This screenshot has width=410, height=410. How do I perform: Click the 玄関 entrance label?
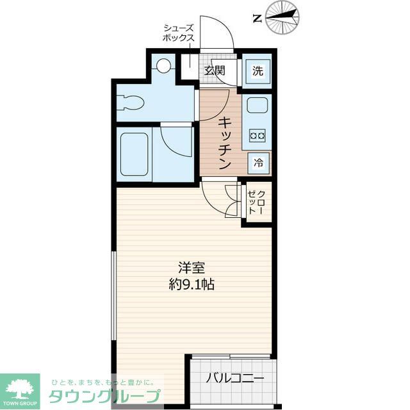215,70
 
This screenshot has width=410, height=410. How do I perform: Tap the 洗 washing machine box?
258,72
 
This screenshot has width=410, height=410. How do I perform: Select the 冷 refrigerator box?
259,163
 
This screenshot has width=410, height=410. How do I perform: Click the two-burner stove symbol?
258,136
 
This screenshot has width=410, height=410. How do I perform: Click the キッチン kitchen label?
224,142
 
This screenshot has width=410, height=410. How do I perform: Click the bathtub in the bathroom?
135,155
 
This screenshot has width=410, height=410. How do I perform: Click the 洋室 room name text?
192,268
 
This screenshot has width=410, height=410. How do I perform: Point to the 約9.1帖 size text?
192,284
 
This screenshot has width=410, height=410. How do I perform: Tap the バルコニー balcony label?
235,378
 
